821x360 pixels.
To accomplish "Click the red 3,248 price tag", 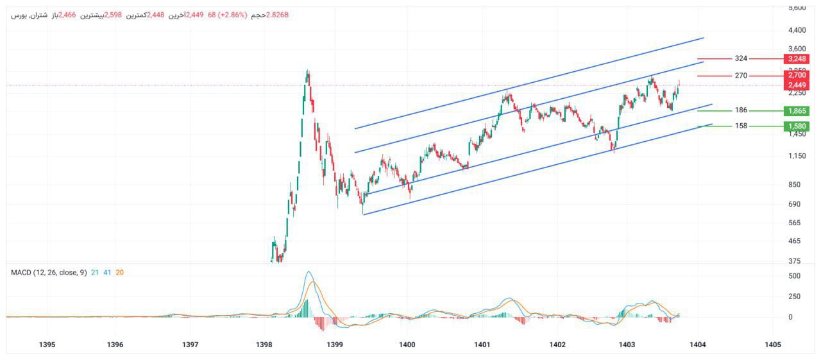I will coord(797,58).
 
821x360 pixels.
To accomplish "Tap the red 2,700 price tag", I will coord(797,75).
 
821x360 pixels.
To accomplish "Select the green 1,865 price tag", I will coord(797,111).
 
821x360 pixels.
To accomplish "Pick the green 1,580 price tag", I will coord(797,126).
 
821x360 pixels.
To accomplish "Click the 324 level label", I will coord(741,58).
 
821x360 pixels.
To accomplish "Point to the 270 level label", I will coord(741,76).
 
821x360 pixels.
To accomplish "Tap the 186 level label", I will coord(741,111).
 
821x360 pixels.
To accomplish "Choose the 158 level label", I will coord(741,126).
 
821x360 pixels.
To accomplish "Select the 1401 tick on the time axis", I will coord(482,345).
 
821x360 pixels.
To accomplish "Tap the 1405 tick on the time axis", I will coord(773,345).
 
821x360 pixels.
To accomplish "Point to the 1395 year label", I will coord(47,345).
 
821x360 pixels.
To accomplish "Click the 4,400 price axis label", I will coord(797,30).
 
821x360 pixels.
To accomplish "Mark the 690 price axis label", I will coord(795,204).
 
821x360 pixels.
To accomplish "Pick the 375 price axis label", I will coord(795,261).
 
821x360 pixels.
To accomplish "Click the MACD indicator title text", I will coord(48,273).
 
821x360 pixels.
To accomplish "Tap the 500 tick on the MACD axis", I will coord(795,276).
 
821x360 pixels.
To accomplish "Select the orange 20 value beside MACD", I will coord(120,273).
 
